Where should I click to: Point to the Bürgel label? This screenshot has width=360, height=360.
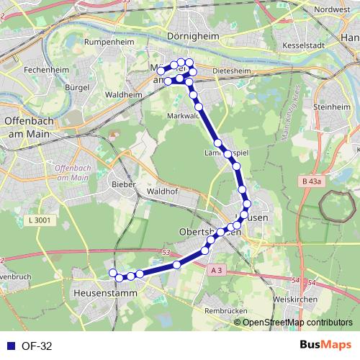tap(76, 86)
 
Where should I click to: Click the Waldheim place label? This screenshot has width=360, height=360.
tap(123, 94)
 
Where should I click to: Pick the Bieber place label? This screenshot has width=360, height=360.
tap(124, 185)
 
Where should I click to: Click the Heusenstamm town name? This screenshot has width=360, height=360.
tap(101, 294)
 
